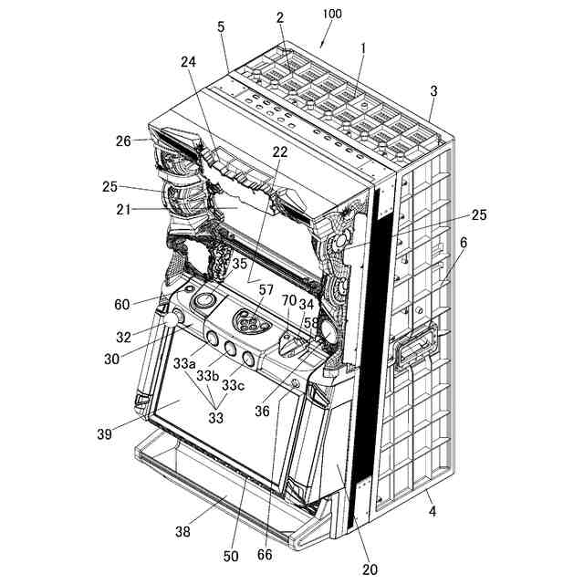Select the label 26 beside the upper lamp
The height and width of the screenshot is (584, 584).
pos(125,141)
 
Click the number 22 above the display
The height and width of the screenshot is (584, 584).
pos(280,151)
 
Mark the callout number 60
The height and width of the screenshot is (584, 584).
pos(120,303)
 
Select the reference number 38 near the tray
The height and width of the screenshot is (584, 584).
pos(182,530)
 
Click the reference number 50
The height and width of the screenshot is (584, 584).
pos(230,556)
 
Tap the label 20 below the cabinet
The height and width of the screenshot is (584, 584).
pos(370,569)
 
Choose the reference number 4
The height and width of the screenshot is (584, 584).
pos(432,511)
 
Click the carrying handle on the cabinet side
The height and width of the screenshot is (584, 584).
pos(413,347)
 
